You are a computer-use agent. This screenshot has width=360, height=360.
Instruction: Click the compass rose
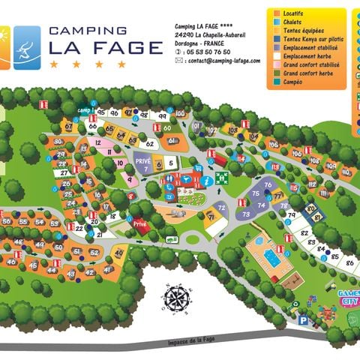[x=177, y=298]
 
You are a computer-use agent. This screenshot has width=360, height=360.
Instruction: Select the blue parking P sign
[x=303, y=319]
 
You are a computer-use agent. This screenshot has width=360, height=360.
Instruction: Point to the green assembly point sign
[x=221, y=178]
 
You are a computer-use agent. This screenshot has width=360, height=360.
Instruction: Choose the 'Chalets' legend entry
[x=293, y=22]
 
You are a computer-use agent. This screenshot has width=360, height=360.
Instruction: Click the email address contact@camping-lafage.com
[x=218, y=61]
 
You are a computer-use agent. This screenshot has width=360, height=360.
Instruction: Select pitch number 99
[x=161, y=116]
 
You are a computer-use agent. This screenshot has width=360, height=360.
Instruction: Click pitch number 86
[x=349, y=263]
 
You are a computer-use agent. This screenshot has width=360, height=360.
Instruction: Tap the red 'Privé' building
[x=140, y=223]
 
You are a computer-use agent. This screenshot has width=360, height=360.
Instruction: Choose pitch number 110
[x=345, y=172]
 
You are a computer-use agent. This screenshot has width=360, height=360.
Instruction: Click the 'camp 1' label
[x=83, y=112]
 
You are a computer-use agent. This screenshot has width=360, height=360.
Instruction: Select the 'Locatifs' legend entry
[x=295, y=13]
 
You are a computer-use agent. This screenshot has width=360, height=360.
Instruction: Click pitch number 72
[x=220, y=206]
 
